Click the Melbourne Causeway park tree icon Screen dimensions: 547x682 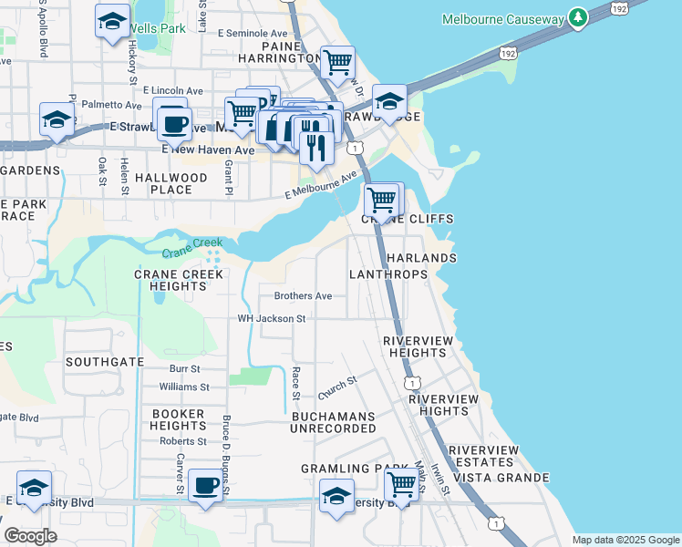576,18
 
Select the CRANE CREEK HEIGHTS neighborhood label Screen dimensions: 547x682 170,280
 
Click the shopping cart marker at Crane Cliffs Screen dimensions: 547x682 381,199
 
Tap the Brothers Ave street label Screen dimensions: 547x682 304,296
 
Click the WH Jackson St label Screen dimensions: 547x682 271,319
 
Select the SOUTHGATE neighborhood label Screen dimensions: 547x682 105,362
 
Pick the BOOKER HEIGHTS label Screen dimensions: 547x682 178,419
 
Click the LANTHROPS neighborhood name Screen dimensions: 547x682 388,274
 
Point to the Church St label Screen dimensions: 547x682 336,387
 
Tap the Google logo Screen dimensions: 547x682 31,536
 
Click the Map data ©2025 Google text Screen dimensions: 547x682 625,540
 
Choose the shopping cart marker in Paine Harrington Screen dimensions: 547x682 337,62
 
